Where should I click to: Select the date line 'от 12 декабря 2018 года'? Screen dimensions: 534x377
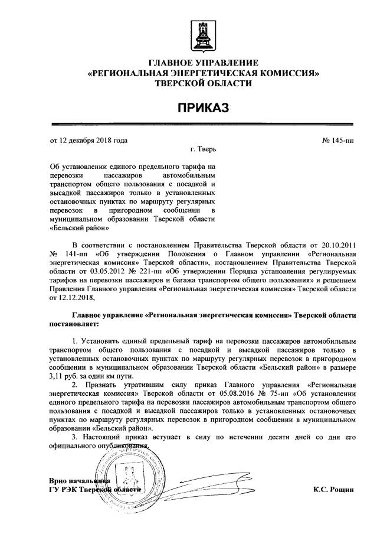[88, 141]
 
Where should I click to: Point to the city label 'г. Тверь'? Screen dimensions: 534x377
[204, 150]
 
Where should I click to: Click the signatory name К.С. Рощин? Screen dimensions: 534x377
[334, 490]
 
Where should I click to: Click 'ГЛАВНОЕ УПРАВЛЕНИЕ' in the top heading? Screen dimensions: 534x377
[203, 62]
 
